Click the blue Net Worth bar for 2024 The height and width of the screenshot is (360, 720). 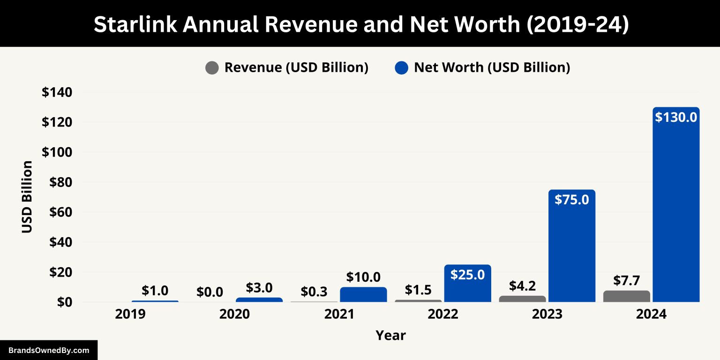[x=676, y=211]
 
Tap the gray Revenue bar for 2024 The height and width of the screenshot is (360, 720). [x=627, y=297]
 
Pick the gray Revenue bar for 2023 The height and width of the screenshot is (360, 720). [x=522, y=299]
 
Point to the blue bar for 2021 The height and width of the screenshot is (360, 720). [x=363, y=295]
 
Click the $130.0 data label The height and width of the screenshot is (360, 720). [x=676, y=117]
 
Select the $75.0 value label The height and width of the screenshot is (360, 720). [x=571, y=199]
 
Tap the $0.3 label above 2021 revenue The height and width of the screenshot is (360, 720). [x=314, y=292]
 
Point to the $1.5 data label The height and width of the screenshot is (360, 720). [x=418, y=290]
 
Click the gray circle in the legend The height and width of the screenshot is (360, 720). [x=212, y=68]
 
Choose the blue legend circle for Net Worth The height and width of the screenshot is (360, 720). [x=402, y=68]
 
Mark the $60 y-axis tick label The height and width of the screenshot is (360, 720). [x=60, y=212]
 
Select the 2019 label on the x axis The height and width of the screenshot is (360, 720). [x=130, y=314]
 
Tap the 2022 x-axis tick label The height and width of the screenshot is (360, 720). [x=442, y=314]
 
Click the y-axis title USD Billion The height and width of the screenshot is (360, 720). [x=27, y=197]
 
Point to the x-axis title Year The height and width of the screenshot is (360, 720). [x=390, y=336]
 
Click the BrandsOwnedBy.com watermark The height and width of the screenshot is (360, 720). [x=49, y=350]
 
